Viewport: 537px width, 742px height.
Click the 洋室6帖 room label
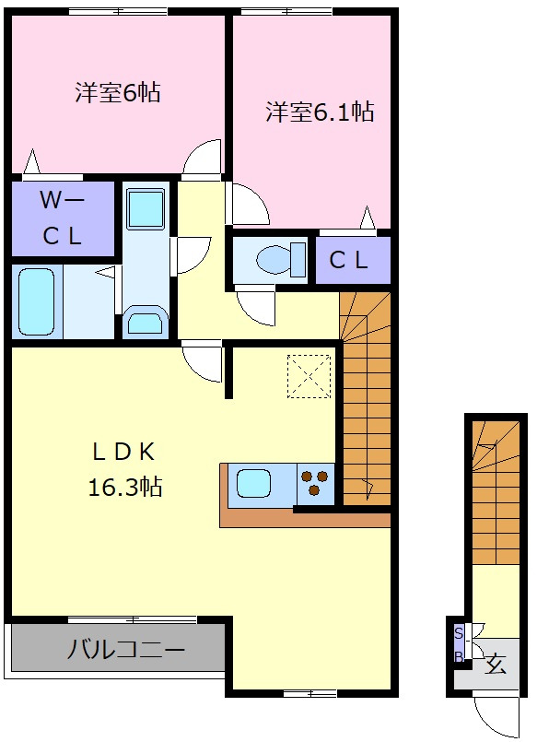[x=117, y=92]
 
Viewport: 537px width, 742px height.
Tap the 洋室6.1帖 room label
[x=320, y=112]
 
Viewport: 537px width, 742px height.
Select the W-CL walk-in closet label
[x=63, y=218]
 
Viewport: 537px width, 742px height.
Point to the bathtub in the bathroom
[x=37, y=302]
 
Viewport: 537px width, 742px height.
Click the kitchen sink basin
[x=253, y=483]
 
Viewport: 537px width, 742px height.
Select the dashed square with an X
[x=309, y=376]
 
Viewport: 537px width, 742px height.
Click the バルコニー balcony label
[x=125, y=650]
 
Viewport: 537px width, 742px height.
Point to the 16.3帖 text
[x=125, y=487]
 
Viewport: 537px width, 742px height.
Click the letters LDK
[x=123, y=453]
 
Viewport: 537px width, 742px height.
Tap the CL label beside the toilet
[x=348, y=260]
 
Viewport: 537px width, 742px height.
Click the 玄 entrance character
[x=496, y=664]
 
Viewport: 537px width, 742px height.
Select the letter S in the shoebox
[x=458, y=633]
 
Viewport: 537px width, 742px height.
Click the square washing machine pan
[x=146, y=208]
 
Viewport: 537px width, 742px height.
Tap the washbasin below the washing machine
[x=146, y=323]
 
